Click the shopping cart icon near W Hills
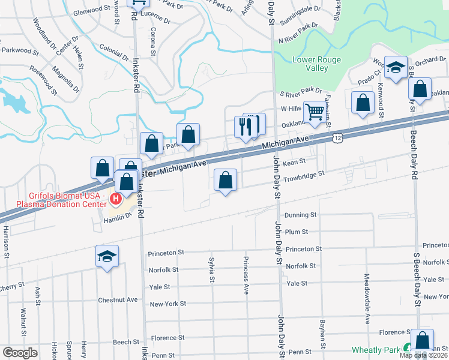coord(315,112)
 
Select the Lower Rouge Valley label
coord(316,64)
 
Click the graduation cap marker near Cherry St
coord(107,256)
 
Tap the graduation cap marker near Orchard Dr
coord(396,67)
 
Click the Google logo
coord(20,353)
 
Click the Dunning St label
coord(300,215)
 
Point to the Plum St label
coord(297,232)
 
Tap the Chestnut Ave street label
coord(118,299)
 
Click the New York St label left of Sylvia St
coord(167,304)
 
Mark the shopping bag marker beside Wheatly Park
coord(422,340)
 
